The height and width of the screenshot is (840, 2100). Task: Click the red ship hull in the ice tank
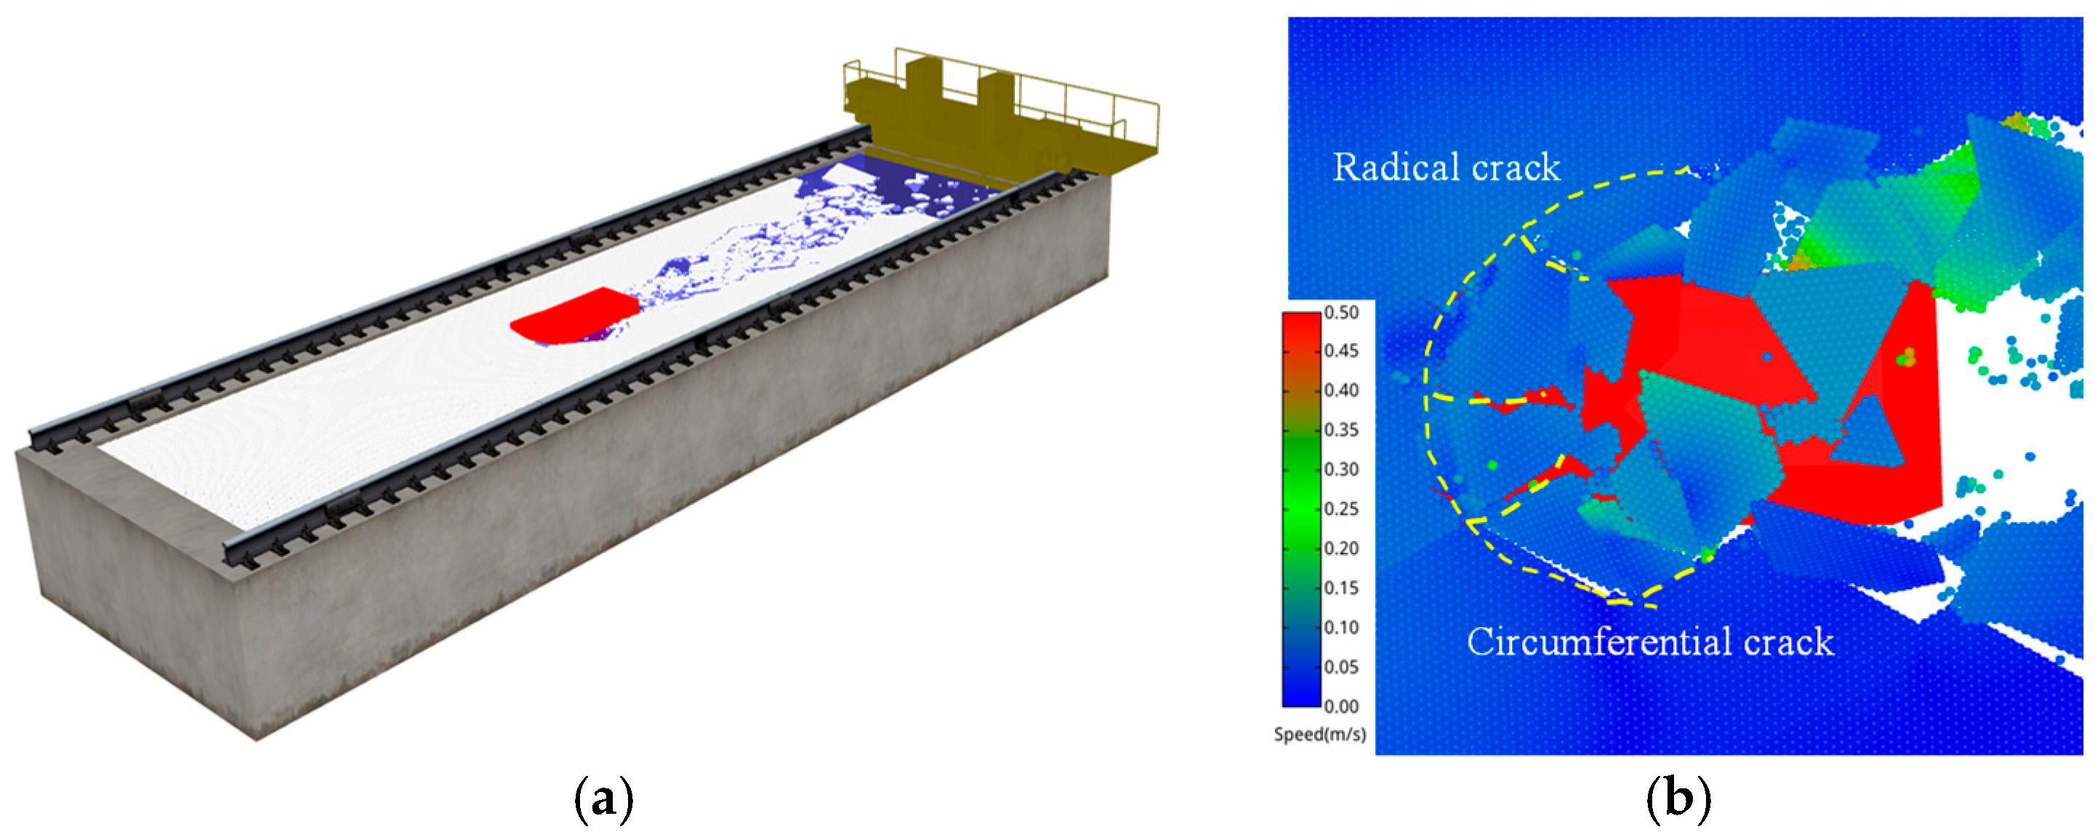pos(575,316)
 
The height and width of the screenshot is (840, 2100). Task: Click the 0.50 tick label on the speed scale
pos(1341,312)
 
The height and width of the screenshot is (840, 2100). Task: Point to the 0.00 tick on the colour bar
pos(1341,706)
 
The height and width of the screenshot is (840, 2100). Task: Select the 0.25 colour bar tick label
pos(1341,509)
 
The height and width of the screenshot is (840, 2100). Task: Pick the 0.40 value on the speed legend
pos(1341,391)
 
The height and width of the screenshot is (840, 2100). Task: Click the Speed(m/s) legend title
pos(1320,735)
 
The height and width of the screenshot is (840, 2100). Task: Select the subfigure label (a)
pos(604,801)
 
